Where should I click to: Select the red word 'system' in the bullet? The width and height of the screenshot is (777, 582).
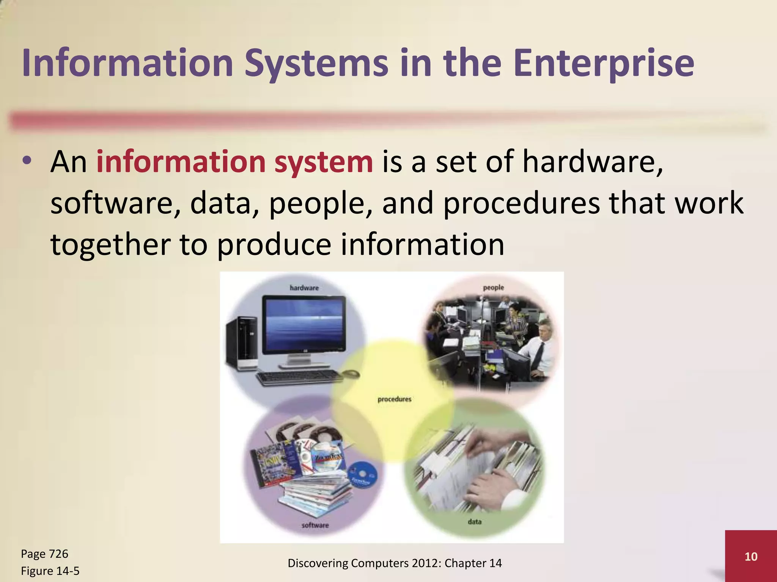pyautogui.click(x=324, y=162)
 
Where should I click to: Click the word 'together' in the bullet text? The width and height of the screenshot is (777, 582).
pyautogui.click(x=110, y=244)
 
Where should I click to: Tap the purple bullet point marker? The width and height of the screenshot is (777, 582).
pyautogui.click(x=26, y=161)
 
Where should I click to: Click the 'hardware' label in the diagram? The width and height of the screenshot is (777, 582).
pyautogui.click(x=304, y=288)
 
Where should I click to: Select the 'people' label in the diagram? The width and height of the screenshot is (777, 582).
pyautogui.click(x=493, y=288)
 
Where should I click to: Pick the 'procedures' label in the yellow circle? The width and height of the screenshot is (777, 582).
pyautogui.click(x=394, y=399)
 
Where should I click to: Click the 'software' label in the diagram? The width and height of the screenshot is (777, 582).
pyautogui.click(x=315, y=525)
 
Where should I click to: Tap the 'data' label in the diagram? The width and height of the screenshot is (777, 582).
pyautogui.click(x=474, y=522)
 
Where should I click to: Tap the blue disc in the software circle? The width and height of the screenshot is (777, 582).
pyautogui.click(x=362, y=475)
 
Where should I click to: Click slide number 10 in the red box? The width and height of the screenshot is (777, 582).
pyautogui.click(x=751, y=556)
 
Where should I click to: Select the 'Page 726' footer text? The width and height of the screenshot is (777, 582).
pyautogui.click(x=44, y=554)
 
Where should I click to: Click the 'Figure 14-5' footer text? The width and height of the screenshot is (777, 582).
pyautogui.click(x=50, y=571)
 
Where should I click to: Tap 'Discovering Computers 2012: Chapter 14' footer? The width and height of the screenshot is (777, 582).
pyautogui.click(x=395, y=563)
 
